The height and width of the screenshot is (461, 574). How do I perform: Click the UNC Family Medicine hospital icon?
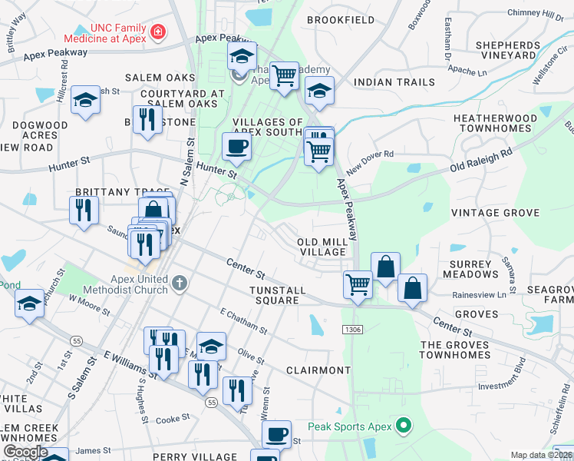158,32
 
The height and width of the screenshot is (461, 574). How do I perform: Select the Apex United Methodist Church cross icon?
180,284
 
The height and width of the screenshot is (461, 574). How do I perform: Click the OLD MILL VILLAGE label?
322,247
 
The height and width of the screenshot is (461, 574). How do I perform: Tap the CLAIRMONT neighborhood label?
318,370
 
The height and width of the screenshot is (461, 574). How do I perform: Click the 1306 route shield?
353,329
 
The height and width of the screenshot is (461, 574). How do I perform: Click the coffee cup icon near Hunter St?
236,145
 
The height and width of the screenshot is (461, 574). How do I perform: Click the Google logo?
25,452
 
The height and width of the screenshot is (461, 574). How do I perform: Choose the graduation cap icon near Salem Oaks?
86,99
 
